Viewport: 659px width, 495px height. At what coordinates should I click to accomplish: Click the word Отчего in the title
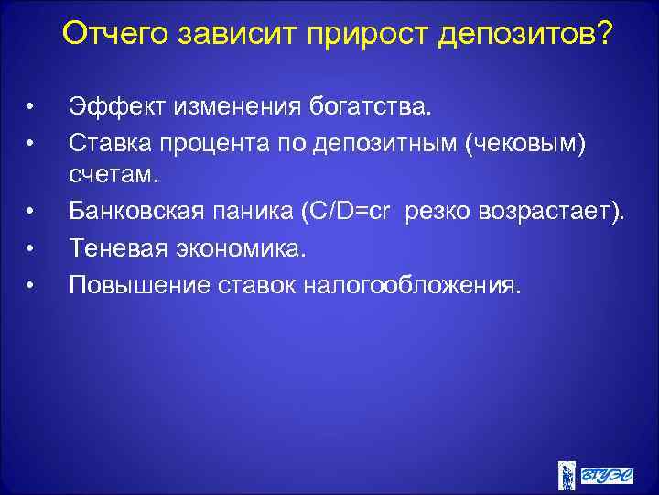pos(116,35)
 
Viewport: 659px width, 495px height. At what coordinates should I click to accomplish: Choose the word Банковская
pos(133,214)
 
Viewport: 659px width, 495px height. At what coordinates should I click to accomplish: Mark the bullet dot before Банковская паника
pos(30,214)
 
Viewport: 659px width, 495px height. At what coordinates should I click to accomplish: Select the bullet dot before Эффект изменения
pos(30,109)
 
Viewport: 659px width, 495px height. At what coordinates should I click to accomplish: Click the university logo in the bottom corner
pos(595,473)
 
